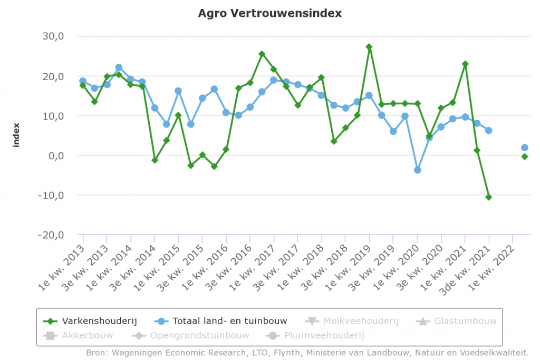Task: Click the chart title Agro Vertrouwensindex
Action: [x=269, y=13]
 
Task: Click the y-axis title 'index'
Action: [x=16, y=135]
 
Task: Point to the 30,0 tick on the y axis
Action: [x=53, y=37]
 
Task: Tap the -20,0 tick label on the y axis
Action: [x=51, y=235]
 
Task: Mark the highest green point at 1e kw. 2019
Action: [x=369, y=47]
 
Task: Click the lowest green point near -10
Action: [x=489, y=197]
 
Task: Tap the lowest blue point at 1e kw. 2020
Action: [x=417, y=170]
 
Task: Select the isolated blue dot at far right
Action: [x=525, y=148]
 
